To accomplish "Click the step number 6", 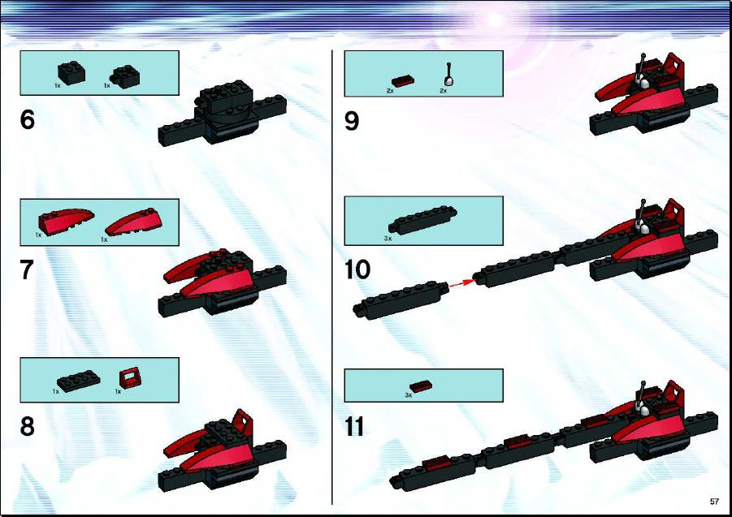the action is pyautogui.click(x=28, y=120).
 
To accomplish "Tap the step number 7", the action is pyautogui.click(x=27, y=269).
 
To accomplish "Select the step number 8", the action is pyautogui.click(x=28, y=426).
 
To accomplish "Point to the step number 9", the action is pyautogui.click(x=352, y=121).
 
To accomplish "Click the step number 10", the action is pyautogui.click(x=357, y=269).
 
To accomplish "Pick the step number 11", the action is pyautogui.click(x=354, y=426).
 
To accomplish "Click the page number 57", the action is pyautogui.click(x=714, y=502).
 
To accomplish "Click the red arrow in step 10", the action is pyautogui.click(x=462, y=282).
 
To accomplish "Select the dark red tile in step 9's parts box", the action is pyautogui.click(x=403, y=82).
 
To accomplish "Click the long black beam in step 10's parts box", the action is pyautogui.click(x=423, y=219).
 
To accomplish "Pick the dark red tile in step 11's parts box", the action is pyautogui.click(x=421, y=386).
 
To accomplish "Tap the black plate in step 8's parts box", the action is pyautogui.click(x=79, y=381).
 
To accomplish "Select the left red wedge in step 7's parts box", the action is pyautogui.click(x=66, y=219).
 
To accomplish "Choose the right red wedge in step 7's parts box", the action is pyautogui.click(x=134, y=222).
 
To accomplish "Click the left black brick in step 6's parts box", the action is pyautogui.click(x=71, y=73).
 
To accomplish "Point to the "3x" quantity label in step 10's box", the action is pyautogui.click(x=388, y=239).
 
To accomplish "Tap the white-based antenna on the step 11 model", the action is pyautogui.click(x=643, y=400).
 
